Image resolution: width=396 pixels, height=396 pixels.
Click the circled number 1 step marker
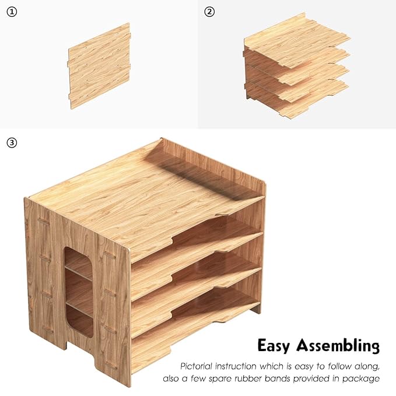(12, 12)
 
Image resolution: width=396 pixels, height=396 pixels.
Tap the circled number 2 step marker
(210, 12)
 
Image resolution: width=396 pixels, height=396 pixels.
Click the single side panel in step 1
(99, 64)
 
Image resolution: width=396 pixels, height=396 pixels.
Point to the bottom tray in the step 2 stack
(297, 99)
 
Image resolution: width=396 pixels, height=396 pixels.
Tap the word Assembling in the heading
(338, 346)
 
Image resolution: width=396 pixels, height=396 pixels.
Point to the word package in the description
(363, 379)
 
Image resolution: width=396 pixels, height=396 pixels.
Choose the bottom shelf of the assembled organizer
(192, 327)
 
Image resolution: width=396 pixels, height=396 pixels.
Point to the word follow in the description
(339, 366)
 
